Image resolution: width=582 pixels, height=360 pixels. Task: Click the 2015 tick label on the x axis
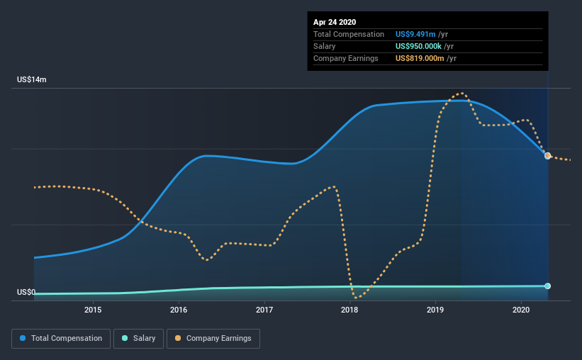click(x=93, y=310)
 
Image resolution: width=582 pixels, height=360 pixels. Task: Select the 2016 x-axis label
click(x=179, y=310)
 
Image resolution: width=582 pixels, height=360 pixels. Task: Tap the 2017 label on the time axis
click(x=264, y=310)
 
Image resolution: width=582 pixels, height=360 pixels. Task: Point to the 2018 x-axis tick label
click(x=349, y=310)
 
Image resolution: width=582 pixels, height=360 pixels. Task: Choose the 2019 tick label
click(x=435, y=310)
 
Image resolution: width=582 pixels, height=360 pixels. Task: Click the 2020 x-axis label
click(x=521, y=310)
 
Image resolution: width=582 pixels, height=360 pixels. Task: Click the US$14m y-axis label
click(x=32, y=80)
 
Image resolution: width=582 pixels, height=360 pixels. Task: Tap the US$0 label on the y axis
click(x=26, y=293)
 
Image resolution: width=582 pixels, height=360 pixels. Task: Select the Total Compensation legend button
click(x=61, y=339)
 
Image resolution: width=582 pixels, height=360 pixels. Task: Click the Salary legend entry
click(x=138, y=339)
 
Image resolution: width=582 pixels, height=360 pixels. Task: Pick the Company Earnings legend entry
click(x=213, y=339)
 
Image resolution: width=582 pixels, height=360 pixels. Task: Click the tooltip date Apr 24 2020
click(x=335, y=22)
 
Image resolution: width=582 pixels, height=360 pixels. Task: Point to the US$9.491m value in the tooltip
click(x=415, y=35)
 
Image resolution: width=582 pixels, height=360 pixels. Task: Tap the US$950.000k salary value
click(x=418, y=46)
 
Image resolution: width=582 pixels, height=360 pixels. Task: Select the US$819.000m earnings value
click(x=420, y=59)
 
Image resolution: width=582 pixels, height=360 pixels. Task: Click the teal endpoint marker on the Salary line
click(x=548, y=286)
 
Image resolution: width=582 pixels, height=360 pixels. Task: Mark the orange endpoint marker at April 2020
click(x=548, y=155)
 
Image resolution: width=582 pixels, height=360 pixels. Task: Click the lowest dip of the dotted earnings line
click(x=357, y=297)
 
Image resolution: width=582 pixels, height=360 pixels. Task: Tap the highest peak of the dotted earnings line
click(x=461, y=93)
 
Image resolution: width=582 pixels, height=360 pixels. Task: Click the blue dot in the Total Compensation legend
click(x=23, y=338)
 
